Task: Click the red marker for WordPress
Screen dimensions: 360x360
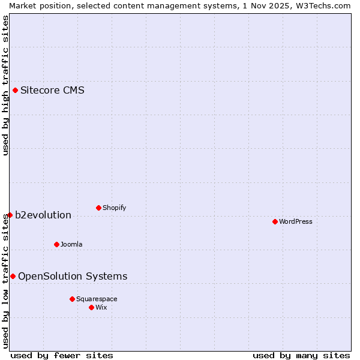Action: (275, 221)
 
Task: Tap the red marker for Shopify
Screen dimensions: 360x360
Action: (98, 208)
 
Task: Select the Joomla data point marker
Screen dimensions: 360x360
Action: (56, 244)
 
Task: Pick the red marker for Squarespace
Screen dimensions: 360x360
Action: (72, 299)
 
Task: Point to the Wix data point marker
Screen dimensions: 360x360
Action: (91, 307)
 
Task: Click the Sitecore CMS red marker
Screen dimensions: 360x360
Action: (16, 91)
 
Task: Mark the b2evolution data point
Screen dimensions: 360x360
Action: (10, 215)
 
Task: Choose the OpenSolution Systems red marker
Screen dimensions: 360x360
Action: (13, 276)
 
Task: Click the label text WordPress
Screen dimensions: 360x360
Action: (295, 221)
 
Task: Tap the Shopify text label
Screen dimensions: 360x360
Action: (114, 208)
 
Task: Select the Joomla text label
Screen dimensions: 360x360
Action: (71, 244)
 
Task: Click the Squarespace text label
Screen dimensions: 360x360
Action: (97, 299)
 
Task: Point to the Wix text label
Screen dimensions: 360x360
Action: (101, 307)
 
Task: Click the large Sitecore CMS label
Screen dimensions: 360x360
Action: (52, 91)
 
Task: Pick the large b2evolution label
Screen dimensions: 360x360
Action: (43, 215)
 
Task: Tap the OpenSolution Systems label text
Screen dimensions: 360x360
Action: (73, 276)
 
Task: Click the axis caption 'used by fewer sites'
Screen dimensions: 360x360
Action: (62, 355)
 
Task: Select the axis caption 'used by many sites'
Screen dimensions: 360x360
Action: (301, 355)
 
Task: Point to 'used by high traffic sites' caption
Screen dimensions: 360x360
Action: (5, 85)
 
